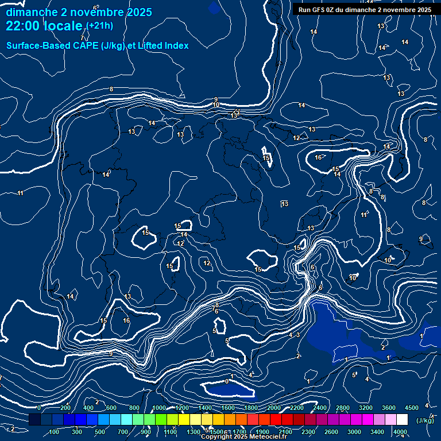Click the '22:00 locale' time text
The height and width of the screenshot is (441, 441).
point(45,26)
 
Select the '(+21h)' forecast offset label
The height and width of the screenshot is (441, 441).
point(100,26)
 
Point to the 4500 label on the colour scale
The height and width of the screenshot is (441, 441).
point(411,408)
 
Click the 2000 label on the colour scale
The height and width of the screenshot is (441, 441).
point(273,408)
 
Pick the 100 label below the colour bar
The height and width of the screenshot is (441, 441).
point(55,432)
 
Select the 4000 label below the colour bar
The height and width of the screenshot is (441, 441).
point(400,432)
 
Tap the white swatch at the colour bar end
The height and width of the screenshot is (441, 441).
point(402,420)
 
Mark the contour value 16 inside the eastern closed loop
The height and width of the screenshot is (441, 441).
point(318,157)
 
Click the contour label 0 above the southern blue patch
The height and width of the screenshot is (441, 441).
point(227,381)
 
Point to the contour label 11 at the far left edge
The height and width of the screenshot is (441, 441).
point(21,193)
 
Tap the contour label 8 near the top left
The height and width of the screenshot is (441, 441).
point(111,89)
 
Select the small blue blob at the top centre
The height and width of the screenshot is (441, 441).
point(214,7)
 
